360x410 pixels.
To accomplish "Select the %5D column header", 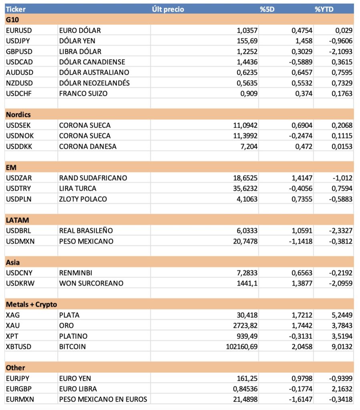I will click(267, 9).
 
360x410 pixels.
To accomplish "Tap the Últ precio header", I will click(168, 9).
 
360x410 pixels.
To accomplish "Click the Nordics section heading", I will click(18, 115).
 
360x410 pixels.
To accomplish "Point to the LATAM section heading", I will click(17, 220).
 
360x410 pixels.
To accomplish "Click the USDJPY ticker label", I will click(18, 41).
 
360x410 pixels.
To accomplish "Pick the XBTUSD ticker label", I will click(19, 347).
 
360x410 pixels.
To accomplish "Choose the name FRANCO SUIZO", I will click(83, 94).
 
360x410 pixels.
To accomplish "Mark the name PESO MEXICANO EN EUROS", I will click(103, 399).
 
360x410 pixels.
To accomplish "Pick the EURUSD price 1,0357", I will click(245, 30).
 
